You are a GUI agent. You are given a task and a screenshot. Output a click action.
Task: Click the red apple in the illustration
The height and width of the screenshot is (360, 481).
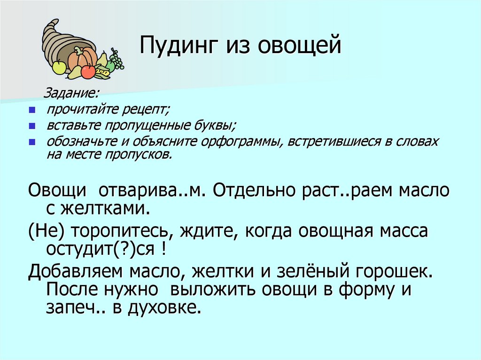(88, 71)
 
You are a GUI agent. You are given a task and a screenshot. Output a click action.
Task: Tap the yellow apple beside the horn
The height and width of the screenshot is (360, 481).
(59, 67)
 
